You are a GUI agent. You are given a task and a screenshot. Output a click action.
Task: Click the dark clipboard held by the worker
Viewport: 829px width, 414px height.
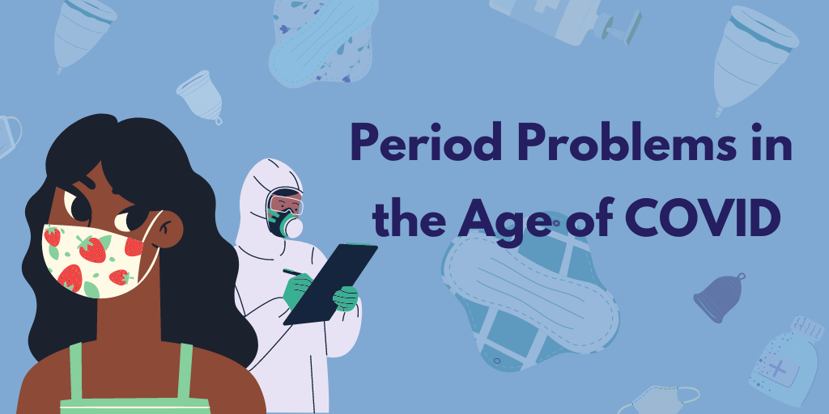(330, 284)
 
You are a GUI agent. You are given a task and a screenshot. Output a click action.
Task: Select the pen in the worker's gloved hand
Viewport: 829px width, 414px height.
(292, 273)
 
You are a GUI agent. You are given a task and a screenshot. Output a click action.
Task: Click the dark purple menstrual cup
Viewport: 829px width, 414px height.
(720, 298)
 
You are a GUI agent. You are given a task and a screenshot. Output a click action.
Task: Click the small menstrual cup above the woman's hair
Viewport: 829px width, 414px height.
(200, 97)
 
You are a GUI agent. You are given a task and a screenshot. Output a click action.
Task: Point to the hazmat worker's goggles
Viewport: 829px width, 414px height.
(286, 202)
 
